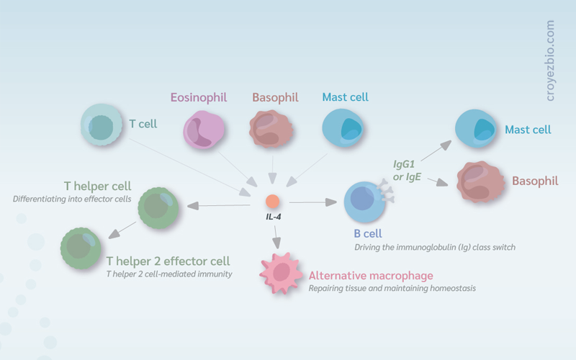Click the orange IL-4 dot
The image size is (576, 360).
[x=273, y=202]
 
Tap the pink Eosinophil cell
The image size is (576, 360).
[x=204, y=130]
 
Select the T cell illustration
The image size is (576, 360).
[x=102, y=125]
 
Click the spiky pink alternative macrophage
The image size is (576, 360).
[x=281, y=273]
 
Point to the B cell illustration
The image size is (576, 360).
[x=364, y=202]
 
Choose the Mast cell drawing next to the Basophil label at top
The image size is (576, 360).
[x=343, y=128]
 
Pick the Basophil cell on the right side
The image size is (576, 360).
[x=480, y=182]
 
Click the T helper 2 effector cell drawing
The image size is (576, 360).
[x=81, y=248]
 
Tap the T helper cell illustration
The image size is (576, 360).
[x=158, y=208]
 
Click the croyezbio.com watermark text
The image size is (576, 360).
[x=549, y=60]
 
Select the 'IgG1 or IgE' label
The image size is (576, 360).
[x=407, y=171]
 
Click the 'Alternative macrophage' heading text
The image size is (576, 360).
[x=371, y=276]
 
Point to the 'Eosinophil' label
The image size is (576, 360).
[x=199, y=97]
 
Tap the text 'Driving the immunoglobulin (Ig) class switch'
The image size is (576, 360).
[x=435, y=247]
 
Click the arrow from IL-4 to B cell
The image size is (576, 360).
[x=313, y=202]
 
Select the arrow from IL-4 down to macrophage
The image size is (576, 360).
[x=276, y=238]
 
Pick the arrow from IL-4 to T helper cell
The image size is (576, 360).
[x=219, y=205]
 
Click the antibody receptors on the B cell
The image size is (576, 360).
[x=387, y=191]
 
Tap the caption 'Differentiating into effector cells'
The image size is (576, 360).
[x=72, y=199]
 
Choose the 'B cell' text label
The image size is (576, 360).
[x=368, y=233]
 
